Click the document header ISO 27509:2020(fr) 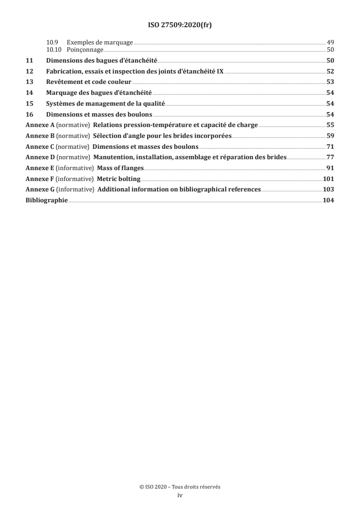pyautogui.click(x=180, y=25)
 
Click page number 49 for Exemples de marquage pyautogui.click(x=330, y=43)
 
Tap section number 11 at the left pyautogui.click(x=29, y=60)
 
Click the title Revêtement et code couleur pyautogui.click(x=89, y=82)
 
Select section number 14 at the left pyautogui.click(x=29, y=93)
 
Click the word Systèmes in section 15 pyautogui.click(x=60, y=104)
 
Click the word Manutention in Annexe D pyautogui.click(x=114, y=157)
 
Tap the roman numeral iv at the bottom pyautogui.click(x=180, y=495)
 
